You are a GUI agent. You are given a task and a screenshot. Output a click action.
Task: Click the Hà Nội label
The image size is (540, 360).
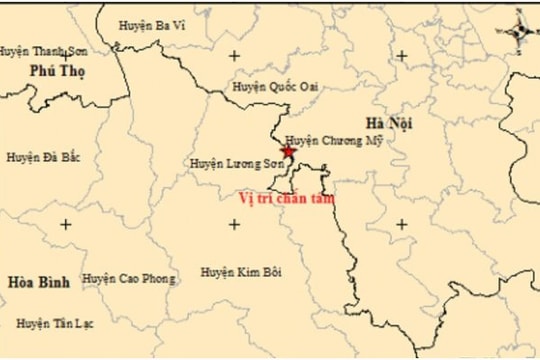(x=389, y=123)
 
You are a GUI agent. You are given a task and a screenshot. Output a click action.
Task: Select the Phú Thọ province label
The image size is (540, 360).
(x=57, y=71)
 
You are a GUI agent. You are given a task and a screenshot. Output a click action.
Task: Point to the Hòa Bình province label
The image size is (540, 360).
(x=39, y=282)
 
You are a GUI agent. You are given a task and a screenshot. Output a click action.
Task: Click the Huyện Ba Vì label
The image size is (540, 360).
(x=151, y=25)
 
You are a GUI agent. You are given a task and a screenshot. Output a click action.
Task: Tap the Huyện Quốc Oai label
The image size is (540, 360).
(x=275, y=87)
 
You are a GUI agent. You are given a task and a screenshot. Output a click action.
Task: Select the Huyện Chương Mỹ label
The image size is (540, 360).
(x=333, y=141)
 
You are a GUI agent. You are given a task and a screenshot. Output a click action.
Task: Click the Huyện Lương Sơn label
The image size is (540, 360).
(x=233, y=162)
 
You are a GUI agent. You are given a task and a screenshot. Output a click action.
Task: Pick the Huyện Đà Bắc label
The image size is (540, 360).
(x=43, y=157)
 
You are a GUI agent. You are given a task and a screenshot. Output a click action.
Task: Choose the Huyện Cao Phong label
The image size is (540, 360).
(x=127, y=278)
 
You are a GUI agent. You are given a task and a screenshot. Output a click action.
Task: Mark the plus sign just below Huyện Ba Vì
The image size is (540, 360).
(x=234, y=56)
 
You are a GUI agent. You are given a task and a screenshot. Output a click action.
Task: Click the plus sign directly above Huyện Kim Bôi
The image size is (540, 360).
(x=234, y=224)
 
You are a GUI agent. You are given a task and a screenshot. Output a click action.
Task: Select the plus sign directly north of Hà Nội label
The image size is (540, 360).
(x=401, y=56)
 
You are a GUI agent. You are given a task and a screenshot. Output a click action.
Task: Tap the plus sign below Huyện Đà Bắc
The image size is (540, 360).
(x=66, y=224)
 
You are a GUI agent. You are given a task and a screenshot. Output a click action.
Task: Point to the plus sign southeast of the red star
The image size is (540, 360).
(x=401, y=224)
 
